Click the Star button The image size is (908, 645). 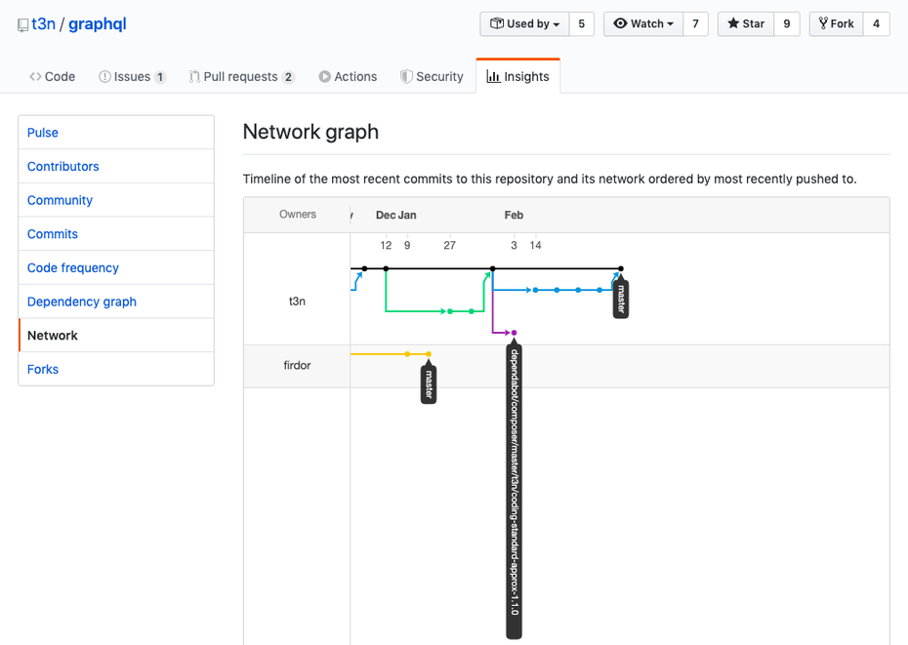[x=746, y=23]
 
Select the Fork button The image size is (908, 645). [x=836, y=23]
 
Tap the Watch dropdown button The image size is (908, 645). [x=643, y=23]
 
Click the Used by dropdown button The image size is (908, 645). [x=524, y=23]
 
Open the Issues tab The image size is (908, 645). [x=132, y=76]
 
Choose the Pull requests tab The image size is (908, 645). [x=241, y=76]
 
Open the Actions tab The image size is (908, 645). [x=348, y=76]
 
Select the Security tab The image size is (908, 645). [x=432, y=76]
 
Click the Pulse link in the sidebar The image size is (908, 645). [x=43, y=133]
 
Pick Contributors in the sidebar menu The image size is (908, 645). [x=63, y=166]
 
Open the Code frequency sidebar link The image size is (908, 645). [x=73, y=267]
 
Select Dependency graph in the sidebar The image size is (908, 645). [x=82, y=302]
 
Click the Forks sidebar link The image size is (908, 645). [x=43, y=370]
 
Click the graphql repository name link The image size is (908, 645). [x=98, y=23]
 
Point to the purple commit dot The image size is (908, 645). [x=514, y=333]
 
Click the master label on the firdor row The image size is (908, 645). [x=429, y=383]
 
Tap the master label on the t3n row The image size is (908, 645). [x=621, y=299]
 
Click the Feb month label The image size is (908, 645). [x=514, y=215]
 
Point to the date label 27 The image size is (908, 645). [x=449, y=246]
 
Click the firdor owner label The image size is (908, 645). [x=297, y=365]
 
